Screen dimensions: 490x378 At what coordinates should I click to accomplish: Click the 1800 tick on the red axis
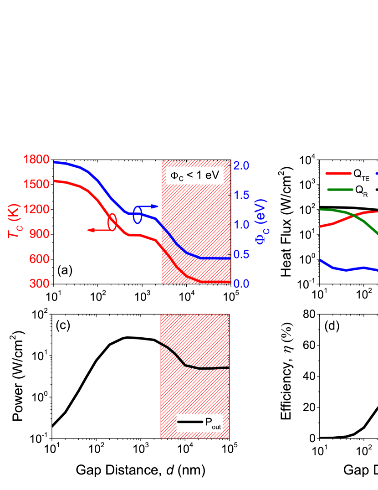point(36,160)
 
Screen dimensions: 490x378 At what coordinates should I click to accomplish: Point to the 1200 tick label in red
point(36,210)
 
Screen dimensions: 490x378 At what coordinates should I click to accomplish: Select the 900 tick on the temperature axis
point(39,234)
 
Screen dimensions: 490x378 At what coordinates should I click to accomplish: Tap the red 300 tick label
point(39,284)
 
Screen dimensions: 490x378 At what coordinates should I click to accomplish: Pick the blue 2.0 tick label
point(241,165)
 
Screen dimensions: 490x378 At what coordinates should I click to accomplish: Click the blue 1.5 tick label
point(241,195)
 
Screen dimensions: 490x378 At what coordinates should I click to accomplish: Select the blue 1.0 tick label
point(241,225)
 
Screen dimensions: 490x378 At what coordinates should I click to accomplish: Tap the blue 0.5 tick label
point(241,254)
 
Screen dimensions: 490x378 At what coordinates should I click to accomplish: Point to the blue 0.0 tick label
point(241,284)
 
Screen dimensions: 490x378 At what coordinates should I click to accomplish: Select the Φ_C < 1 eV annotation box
point(194,175)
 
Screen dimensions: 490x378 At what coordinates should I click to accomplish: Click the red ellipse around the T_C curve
point(112,222)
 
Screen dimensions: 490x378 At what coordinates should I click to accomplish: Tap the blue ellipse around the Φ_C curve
point(138,215)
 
